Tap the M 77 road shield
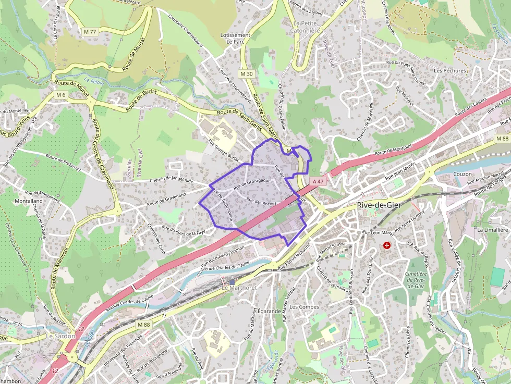pos(90,32)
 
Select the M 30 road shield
pos(247,74)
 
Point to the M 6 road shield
pos(61,95)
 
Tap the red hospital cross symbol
pos(386,245)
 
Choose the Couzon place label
pos(463,174)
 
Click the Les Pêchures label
pos(451,70)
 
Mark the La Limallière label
pos(492,229)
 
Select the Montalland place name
pos(29,201)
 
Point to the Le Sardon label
pos(60,336)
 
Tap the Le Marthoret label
pos(239,288)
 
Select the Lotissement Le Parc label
pos(235,38)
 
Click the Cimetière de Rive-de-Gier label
pos(416,280)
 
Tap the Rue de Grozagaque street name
pos(252,183)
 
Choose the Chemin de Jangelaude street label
pos(171,180)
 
